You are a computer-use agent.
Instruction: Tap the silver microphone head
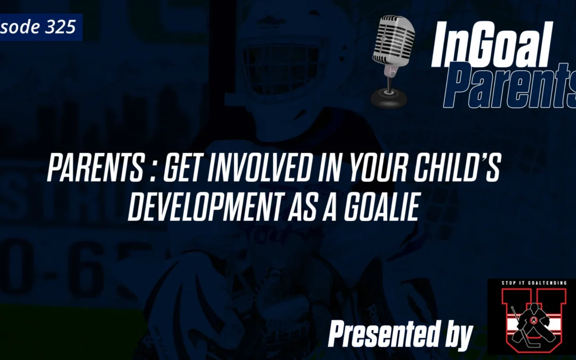coord(390,40)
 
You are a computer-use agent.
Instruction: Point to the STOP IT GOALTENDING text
coord(531,283)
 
